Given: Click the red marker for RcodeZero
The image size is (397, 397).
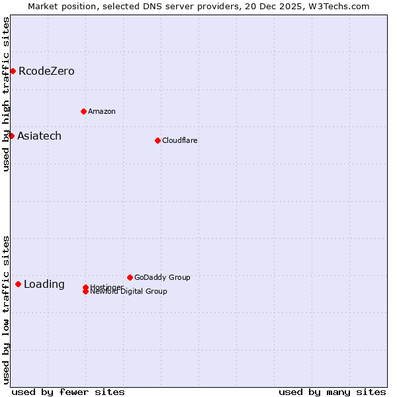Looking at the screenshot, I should click(x=13, y=71).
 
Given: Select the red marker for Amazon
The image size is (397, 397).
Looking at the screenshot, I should click(x=83, y=111).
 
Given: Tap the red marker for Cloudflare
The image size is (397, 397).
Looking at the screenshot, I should click(x=157, y=140).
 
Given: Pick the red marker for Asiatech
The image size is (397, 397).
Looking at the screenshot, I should click(x=11, y=136).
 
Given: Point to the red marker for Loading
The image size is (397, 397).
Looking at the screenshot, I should click(x=18, y=284).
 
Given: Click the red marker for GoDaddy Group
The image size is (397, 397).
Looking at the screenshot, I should click(x=130, y=277).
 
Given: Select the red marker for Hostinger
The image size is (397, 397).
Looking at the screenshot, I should click(x=85, y=287).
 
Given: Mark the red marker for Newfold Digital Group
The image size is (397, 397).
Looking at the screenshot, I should click(x=85, y=291).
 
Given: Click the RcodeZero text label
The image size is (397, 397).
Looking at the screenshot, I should click(x=46, y=71).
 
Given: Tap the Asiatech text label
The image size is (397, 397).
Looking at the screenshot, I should click(x=39, y=136).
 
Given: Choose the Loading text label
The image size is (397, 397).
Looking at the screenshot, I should click(x=44, y=284).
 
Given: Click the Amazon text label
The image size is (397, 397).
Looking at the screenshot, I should click(x=102, y=111).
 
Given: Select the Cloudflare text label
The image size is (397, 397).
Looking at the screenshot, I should click(x=180, y=140).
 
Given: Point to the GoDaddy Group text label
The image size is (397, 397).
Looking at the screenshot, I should click(x=162, y=277).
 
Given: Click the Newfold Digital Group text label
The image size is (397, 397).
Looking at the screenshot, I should click(x=129, y=292).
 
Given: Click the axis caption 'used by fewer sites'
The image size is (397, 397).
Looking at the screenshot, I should click(x=68, y=392).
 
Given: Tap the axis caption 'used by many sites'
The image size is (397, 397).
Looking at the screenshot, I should click(x=332, y=392).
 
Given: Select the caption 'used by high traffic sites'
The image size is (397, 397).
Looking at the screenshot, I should click(x=6, y=94).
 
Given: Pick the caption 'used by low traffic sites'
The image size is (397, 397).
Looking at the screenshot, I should click(x=6, y=309).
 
